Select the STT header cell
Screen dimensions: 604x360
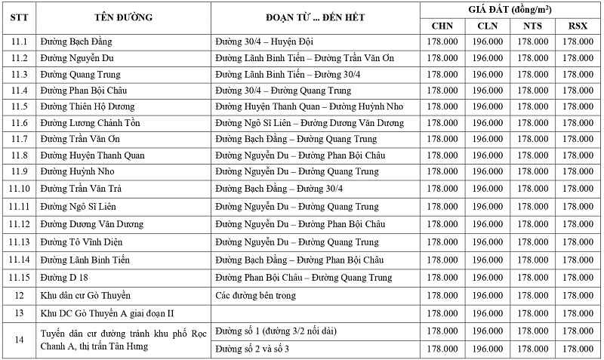click(x=20, y=17)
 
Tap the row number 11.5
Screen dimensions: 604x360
click(x=20, y=106)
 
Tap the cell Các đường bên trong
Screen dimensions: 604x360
click(x=255, y=295)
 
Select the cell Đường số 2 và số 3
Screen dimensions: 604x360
click(x=252, y=349)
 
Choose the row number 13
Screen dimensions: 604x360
click(x=20, y=312)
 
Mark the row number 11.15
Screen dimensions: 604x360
click(x=20, y=278)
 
